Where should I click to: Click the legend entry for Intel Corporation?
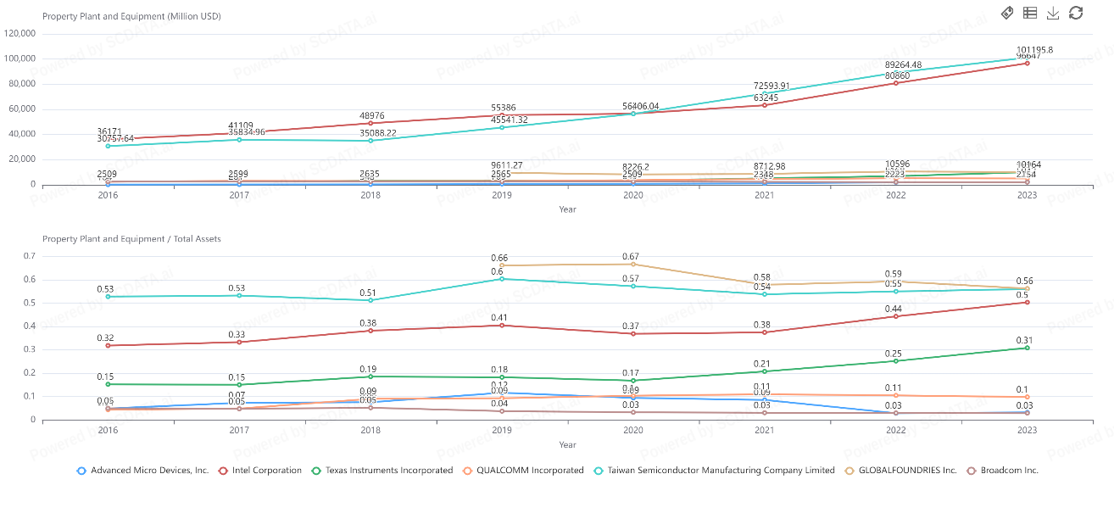coord(266,471)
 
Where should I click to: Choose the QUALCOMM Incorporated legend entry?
coord(530,471)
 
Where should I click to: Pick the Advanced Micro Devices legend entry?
coord(149,471)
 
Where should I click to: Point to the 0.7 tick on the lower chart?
coord(29,256)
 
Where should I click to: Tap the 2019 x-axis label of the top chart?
coord(502,195)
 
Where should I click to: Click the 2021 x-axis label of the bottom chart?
coord(765,431)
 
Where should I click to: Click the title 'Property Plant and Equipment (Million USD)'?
coord(131,16)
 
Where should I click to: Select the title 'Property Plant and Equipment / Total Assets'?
coord(131,239)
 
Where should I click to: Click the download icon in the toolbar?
coord(1053,12)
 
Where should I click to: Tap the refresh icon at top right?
coord(1076,12)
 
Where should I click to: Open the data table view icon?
coord(1030,12)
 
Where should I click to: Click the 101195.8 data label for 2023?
coord(1034,49)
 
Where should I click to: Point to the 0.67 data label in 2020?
coord(633,256)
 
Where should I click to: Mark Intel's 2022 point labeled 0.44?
coord(896,316)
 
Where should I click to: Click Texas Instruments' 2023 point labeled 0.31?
coord(1028,348)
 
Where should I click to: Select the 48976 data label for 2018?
coord(370,115)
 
